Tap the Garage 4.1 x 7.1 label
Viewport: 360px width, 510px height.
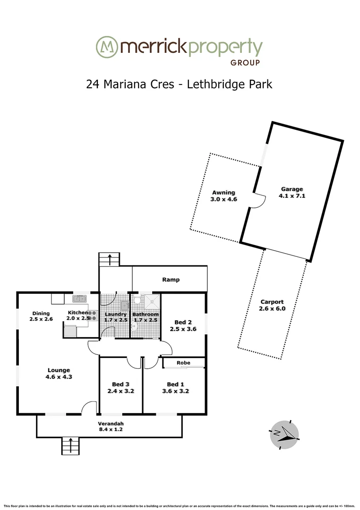pos(292,192)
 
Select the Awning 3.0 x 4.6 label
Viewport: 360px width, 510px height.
pos(223,196)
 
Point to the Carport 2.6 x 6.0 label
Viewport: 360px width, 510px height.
pos(272,305)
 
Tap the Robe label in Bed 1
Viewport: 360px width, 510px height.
pos(183,363)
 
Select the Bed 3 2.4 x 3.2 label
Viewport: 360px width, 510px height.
pos(120,387)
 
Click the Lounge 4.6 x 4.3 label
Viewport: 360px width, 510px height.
pos(59,373)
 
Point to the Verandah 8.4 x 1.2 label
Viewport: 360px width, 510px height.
pos(111,426)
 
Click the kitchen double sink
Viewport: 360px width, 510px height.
pos(79,298)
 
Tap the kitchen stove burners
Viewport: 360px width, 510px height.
pos(92,315)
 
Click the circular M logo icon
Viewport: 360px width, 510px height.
pos(106,47)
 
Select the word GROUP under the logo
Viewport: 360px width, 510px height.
pos(245,62)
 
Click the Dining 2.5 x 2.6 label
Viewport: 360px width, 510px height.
pos(41,316)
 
